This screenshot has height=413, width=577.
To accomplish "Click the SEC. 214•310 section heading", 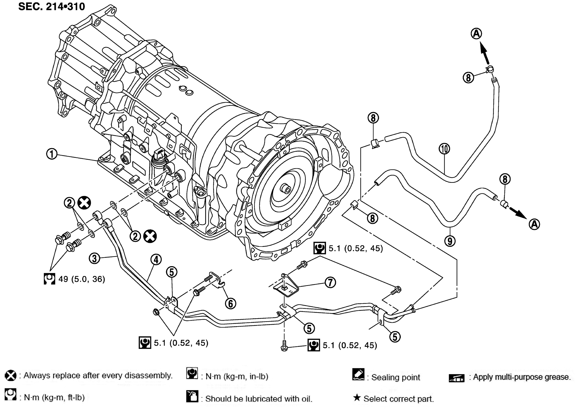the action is (51, 7).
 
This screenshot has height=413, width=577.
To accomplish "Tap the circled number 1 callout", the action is (52, 154).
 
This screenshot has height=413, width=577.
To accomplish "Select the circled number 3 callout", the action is (94, 259).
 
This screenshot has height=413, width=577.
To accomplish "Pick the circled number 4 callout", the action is (156, 260).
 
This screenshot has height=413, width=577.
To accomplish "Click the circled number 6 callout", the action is (230, 303).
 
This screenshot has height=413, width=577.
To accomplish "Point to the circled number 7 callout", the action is (330, 282).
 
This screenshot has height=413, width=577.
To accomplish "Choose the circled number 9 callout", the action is (450, 241).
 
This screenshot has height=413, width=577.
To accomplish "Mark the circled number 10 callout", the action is (444, 149).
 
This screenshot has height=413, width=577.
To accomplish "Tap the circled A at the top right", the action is (476, 34).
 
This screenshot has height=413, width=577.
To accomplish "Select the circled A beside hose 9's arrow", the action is (534, 224).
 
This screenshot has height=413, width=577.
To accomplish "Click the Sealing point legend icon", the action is (358, 374).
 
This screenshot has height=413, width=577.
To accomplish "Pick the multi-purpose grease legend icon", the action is (456, 378).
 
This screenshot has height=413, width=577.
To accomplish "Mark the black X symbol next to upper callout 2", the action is (84, 203).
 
